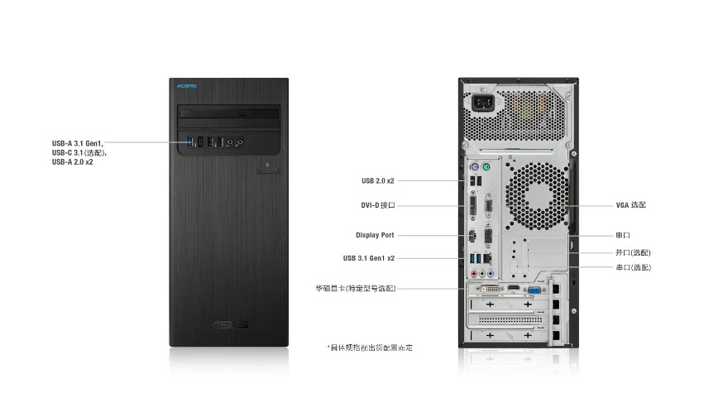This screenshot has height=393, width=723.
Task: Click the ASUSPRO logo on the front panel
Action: pos(187,86)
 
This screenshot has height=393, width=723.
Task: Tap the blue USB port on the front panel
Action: pos(189,141)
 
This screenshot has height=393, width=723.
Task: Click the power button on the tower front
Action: pos(267,171)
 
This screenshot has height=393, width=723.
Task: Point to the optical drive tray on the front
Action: pos(228,113)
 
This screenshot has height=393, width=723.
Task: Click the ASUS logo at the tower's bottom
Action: pos(229,324)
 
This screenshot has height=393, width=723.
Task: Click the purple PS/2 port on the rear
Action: pos(475,166)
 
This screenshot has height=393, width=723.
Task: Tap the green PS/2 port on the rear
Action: pos(486,166)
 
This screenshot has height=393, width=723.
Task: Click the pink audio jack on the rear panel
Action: pos(473,274)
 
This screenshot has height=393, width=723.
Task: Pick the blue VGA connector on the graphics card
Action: pos(534,290)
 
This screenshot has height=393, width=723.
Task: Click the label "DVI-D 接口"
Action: pos(378,205)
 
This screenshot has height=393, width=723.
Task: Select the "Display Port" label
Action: pos(375,235)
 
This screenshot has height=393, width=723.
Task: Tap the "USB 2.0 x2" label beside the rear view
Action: pos(378,181)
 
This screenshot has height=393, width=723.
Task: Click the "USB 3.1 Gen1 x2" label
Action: pos(369,258)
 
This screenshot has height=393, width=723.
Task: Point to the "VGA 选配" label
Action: pos(631,205)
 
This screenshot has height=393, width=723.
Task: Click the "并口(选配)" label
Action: pos(633,253)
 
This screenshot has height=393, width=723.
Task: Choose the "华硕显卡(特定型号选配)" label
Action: pos(356,289)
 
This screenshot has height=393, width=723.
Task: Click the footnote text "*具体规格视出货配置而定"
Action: pos(371,347)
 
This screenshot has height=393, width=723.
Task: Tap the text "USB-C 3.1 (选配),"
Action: pos(79,153)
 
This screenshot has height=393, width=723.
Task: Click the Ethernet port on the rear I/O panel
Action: pos(489,258)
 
